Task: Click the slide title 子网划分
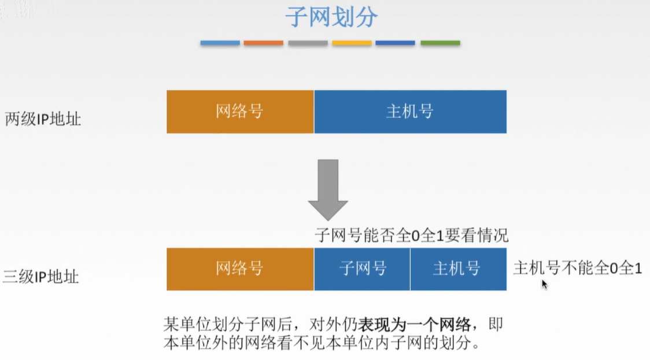coord(331,18)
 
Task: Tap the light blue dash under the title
coord(220,43)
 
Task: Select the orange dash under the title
coord(264,43)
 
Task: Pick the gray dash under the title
coord(308,43)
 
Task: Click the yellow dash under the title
coord(352,43)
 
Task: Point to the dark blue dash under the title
coord(395,43)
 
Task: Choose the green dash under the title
coord(440,43)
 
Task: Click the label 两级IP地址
coord(43,120)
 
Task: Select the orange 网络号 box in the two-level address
coord(240,112)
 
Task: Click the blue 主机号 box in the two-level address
coord(410,112)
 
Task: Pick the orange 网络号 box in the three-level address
coord(240,269)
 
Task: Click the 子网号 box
coord(363,269)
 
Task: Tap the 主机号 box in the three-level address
coord(457,269)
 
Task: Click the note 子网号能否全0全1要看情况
coord(411,236)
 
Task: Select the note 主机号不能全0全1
coord(577,269)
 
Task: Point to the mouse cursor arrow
coord(544,283)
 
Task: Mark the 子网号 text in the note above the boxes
coord(338,236)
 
